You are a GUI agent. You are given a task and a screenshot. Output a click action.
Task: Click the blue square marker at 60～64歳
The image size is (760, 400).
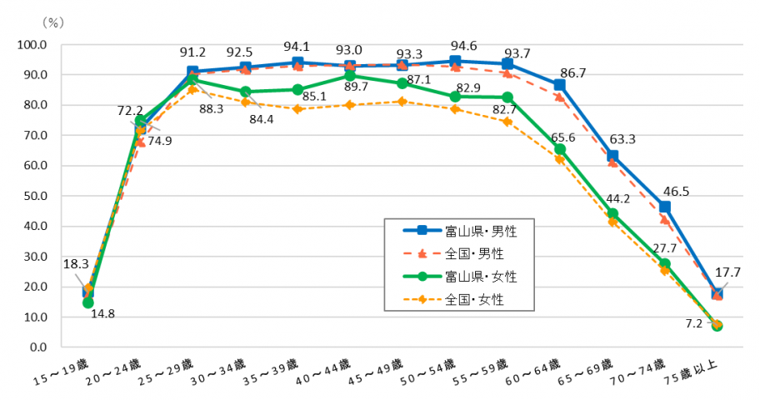[559, 85]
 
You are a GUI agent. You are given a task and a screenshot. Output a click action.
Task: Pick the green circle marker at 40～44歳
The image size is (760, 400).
[350, 76]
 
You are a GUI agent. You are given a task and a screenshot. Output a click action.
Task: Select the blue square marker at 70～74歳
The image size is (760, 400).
[664, 207]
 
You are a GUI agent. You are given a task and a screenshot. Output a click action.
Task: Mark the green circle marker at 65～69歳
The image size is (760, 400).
[612, 214]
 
